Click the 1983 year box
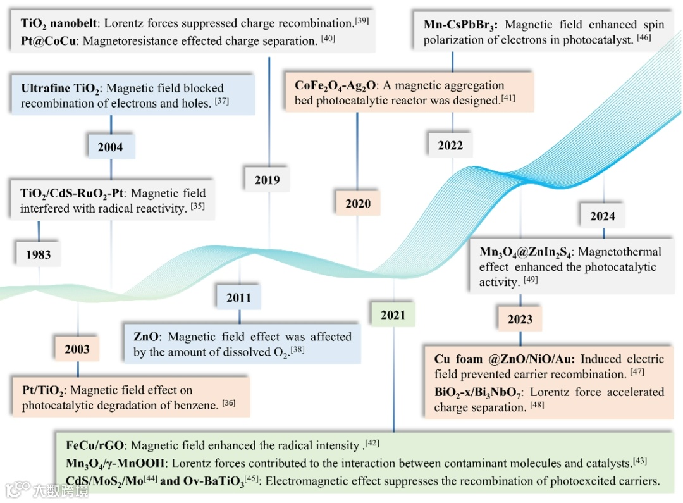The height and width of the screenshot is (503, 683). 39,254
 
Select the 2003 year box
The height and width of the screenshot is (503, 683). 77,349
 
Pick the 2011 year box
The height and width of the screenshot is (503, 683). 238,297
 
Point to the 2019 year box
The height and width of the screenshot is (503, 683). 267,180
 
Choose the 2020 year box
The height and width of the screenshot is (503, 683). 358,204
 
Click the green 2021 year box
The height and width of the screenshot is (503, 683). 393,314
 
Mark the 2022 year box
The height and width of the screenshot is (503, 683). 450,146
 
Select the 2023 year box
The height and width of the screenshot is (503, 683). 520,320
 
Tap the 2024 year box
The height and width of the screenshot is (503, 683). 603,216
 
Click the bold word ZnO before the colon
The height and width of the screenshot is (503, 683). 147,337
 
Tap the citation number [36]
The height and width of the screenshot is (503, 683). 229,402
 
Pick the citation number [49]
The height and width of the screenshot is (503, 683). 531,280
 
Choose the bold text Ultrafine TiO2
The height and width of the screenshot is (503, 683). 61,89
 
